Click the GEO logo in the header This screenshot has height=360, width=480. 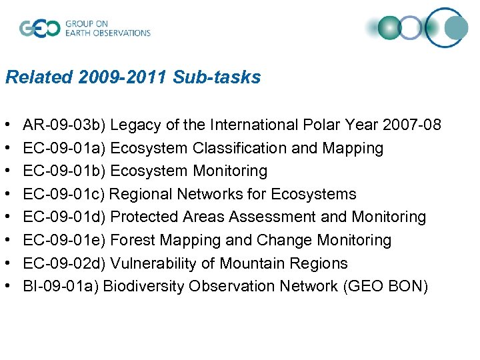[x=40, y=29]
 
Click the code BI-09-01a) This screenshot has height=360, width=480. [x=61, y=286]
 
